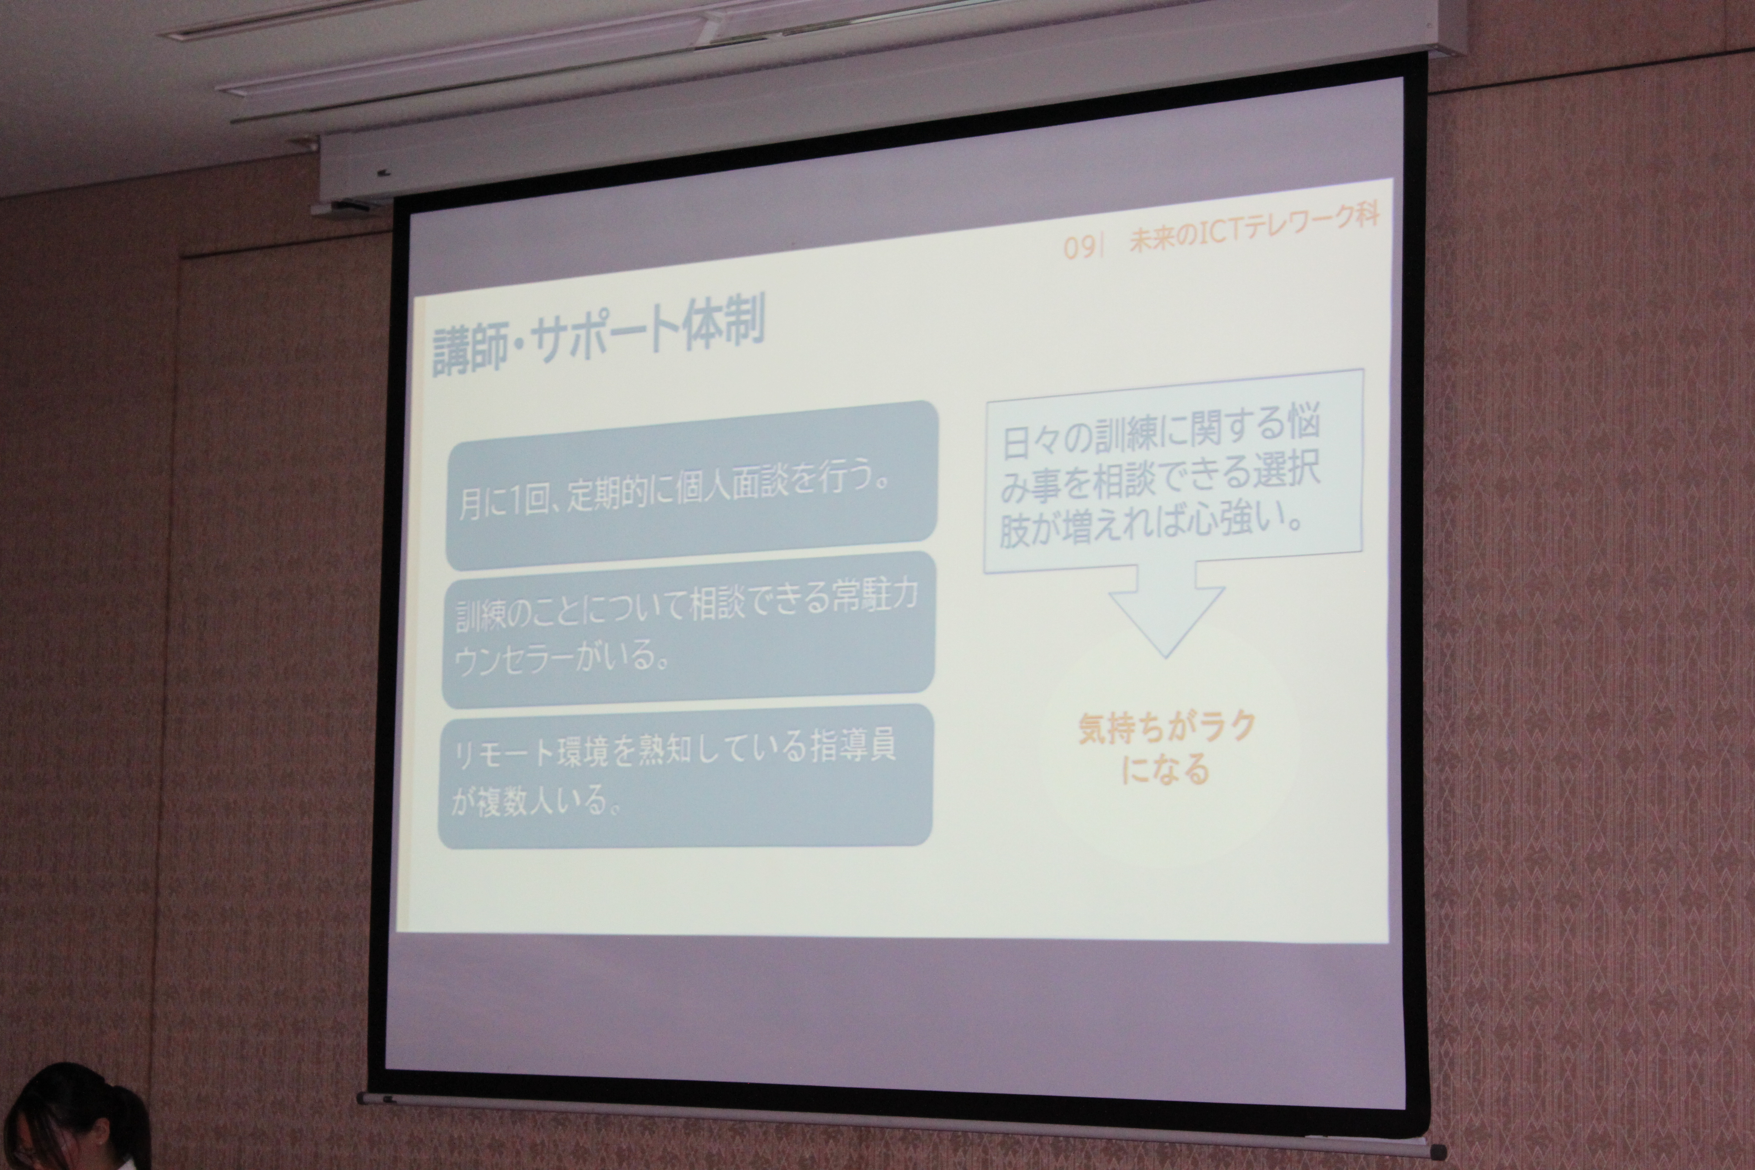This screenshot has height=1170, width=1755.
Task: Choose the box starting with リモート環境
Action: [685, 776]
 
